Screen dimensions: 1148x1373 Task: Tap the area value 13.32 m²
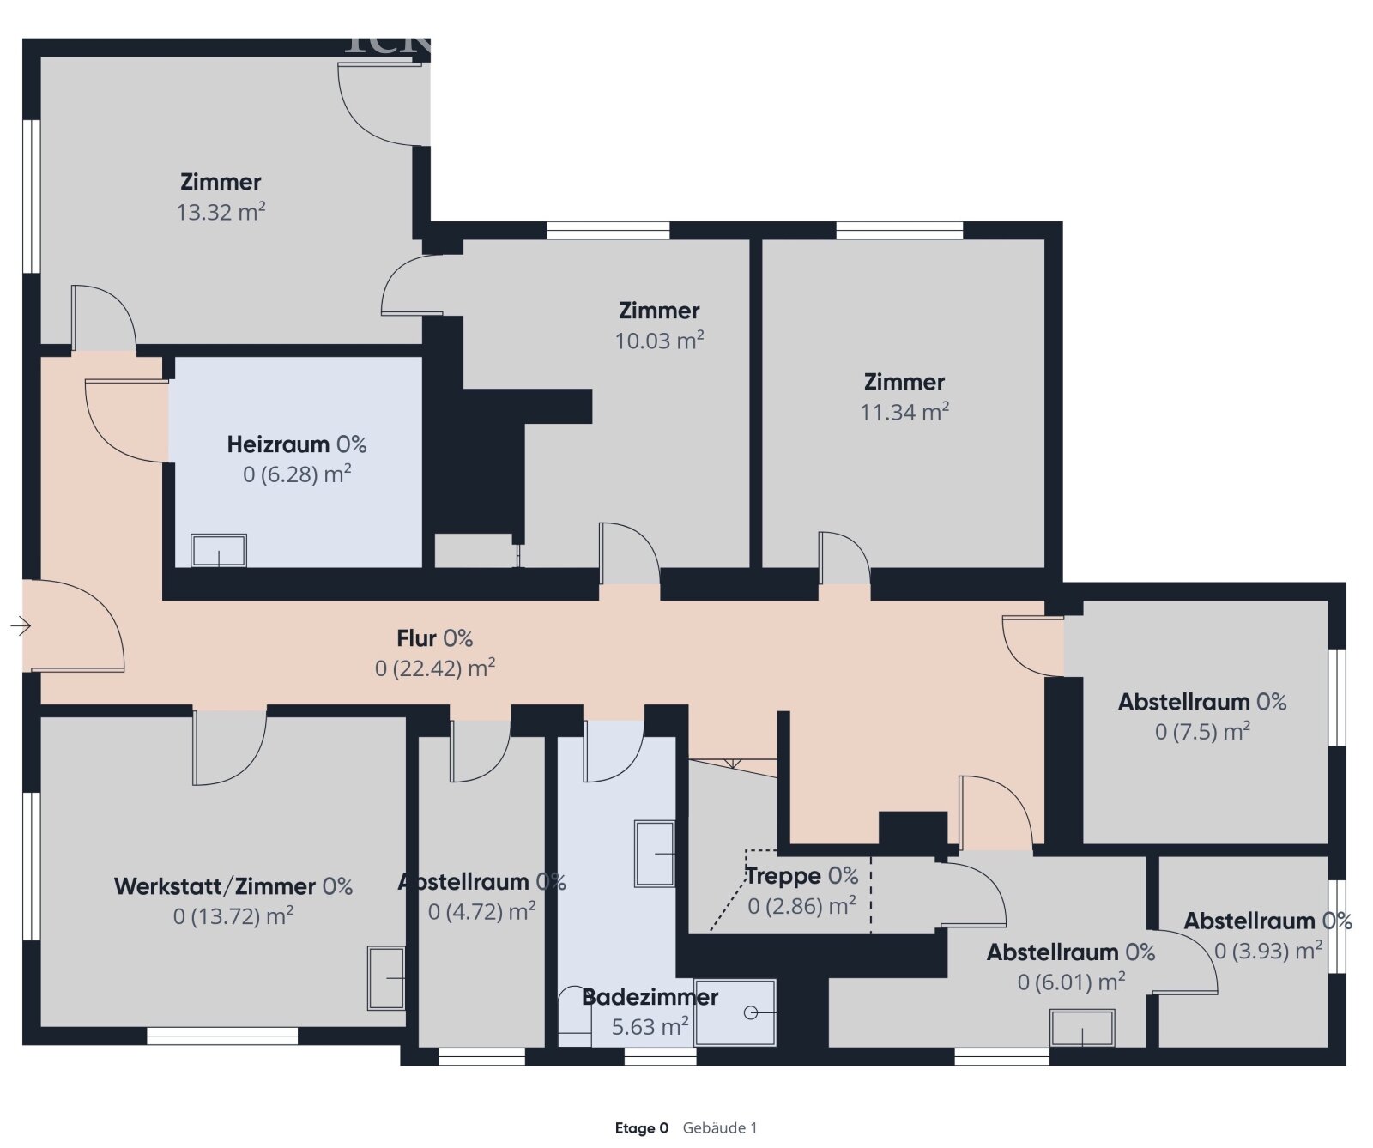coord(221,212)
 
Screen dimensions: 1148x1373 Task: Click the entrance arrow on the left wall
coord(21,626)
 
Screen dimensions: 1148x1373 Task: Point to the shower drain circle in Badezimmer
coord(751,1012)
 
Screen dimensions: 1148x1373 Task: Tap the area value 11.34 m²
coord(904,412)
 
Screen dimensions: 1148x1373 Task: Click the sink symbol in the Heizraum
coord(219,551)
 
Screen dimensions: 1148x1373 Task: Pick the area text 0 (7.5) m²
coord(1202,732)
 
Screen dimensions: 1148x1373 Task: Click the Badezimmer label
coord(650,997)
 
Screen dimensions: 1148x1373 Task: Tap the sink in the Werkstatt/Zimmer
coord(386,978)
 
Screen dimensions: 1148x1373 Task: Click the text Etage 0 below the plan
coord(641,1128)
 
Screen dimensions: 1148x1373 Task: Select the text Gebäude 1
coord(720,1128)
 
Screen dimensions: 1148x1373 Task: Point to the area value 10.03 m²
coord(659,341)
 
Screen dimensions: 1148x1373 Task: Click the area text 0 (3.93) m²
coord(1267,951)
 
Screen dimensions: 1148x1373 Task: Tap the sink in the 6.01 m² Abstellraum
coord(1082,1027)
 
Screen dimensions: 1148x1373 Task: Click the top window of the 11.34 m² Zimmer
coord(899,230)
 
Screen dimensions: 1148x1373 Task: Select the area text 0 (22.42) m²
coord(434,668)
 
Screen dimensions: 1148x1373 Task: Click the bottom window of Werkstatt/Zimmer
coord(222,1036)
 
